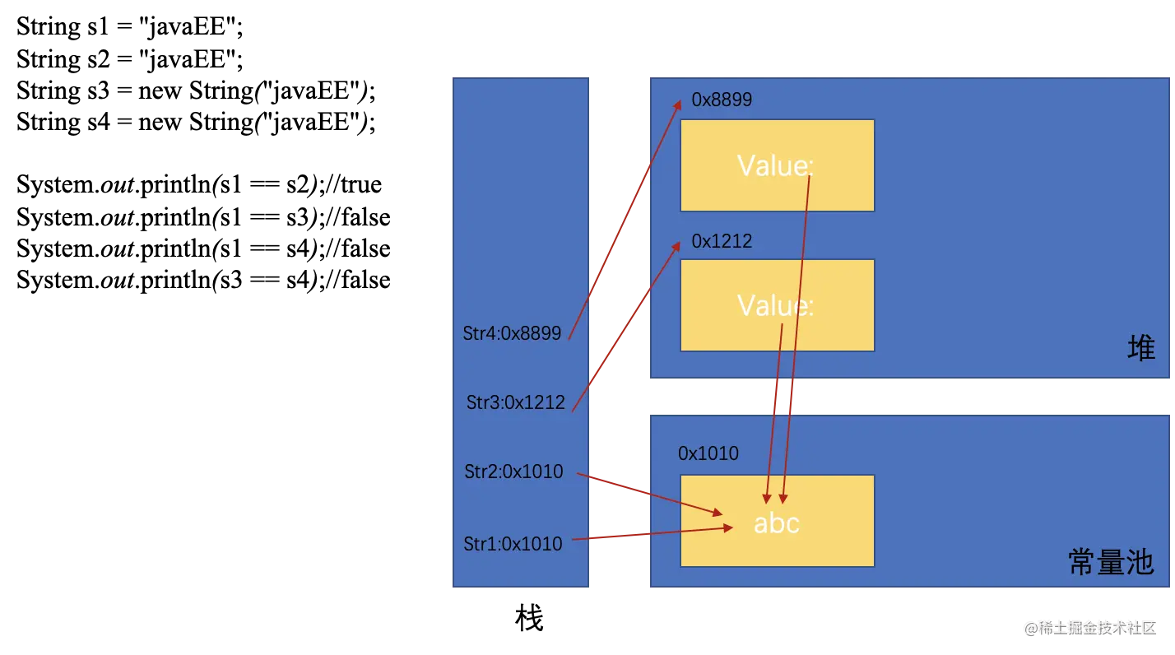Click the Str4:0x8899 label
click(512, 333)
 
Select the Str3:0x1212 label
click(515, 402)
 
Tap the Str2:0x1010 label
click(513, 472)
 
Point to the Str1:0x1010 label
click(513, 544)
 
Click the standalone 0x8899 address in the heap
click(722, 100)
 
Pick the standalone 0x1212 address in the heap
click(722, 241)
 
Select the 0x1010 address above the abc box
click(708, 453)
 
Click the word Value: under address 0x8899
click(775, 165)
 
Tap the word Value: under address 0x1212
click(775, 305)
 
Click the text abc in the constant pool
click(776, 523)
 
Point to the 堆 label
click(1141, 349)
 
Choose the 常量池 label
click(1110, 562)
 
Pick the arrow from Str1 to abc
click(650, 534)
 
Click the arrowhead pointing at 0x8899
click(679, 104)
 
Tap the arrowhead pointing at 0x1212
click(677, 245)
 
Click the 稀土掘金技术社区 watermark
click(1089, 627)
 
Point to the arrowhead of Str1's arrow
click(728, 527)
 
